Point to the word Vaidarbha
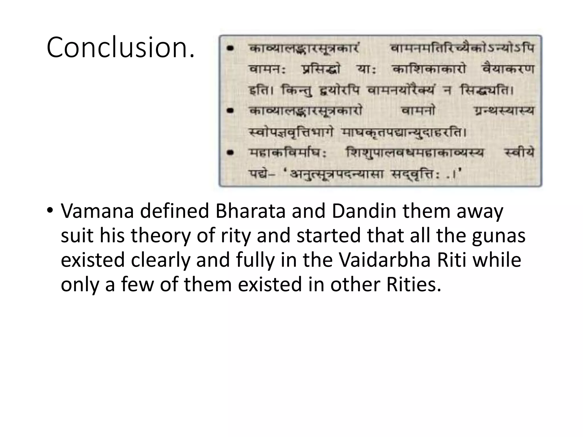[x=385, y=260]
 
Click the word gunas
[x=498, y=236]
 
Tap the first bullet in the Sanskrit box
[x=230, y=49]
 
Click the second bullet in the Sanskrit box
[x=230, y=110]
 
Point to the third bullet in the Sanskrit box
[x=230, y=153]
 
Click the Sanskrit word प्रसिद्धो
[x=321, y=69]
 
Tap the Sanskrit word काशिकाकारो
[x=429, y=69]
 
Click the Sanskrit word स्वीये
[x=519, y=153]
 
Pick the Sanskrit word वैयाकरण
[x=508, y=69]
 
